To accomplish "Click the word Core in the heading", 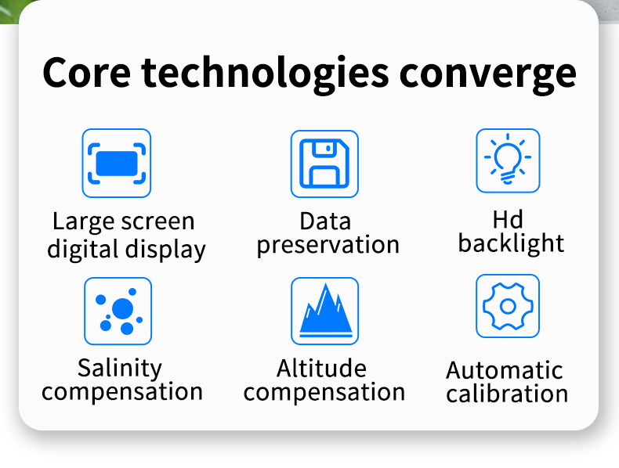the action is [x=86, y=73].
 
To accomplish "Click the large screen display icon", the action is [x=117, y=164].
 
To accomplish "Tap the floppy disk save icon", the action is [x=324, y=164].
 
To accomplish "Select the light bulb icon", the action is [x=508, y=160].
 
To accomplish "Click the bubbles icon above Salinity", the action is [x=118, y=311].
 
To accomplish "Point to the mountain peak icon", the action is [x=325, y=311].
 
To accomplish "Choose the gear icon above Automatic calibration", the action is [x=508, y=306].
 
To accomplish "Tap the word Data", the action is [x=325, y=221].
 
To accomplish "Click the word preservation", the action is [x=328, y=245].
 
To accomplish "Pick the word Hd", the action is [x=508, y=220].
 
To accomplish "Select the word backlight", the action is [x=511, y=243].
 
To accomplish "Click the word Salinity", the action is [x=120, y=369].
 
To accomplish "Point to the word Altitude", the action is [x=321, y=369].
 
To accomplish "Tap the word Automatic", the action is [x=505, y=371].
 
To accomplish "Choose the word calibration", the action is [x=507, y=394].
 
